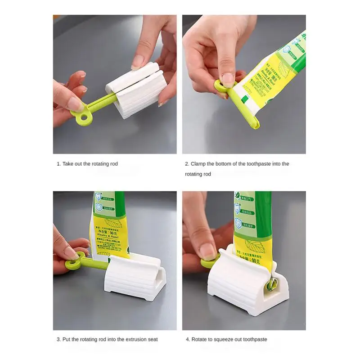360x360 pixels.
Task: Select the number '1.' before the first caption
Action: click(58, 164)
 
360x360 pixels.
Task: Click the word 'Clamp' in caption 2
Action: click(198, 164)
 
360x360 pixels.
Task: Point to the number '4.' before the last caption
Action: click(187, 339)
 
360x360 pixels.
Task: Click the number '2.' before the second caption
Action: click(187, 164)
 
